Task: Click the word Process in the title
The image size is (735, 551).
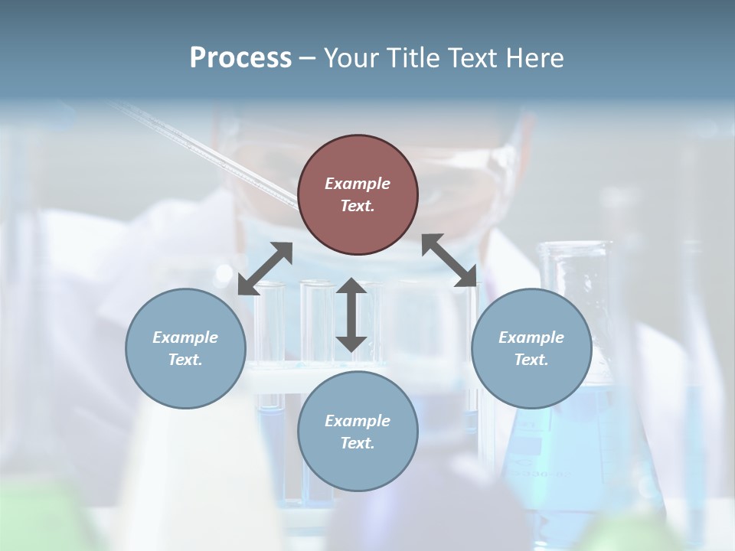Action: pos(240,58)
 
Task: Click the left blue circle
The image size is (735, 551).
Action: pos(185,348)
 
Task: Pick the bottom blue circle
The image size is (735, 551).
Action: pos(358,431)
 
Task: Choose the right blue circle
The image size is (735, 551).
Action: pos(531,348)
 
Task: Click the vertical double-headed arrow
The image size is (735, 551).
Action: pos(351,315)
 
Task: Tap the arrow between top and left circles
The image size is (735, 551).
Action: pos(265,269)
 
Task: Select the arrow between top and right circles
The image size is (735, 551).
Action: pos(449,261)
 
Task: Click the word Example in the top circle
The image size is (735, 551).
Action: pos(358,184)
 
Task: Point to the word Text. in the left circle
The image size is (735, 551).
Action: pos(185,360)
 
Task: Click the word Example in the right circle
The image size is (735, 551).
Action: pos(531,337)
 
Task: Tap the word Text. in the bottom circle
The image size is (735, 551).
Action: pos(358,443)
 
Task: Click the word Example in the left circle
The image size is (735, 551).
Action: pos(185,337)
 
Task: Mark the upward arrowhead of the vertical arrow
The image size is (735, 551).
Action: pos(351,287)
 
